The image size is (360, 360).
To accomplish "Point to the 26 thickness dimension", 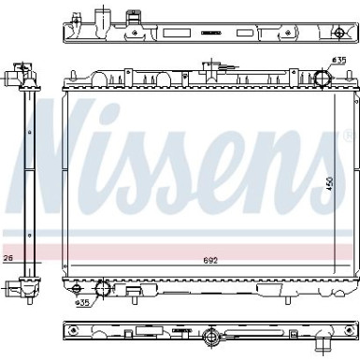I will (8, 259).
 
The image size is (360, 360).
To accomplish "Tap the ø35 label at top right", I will (338, 61).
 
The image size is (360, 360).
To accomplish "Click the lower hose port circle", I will (103, 289).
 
